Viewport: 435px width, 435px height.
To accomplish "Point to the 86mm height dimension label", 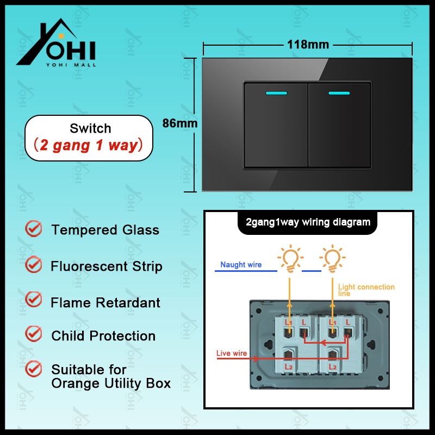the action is pyautogui.click(x=180, y=123).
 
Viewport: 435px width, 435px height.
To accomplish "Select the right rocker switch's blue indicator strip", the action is pyautogui.click(x=340, y=92).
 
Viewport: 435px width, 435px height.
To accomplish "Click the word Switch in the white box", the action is pyautogui.click(x=90, y=129).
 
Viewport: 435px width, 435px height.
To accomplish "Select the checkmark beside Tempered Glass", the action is pyautogui.click(x=34, y=229).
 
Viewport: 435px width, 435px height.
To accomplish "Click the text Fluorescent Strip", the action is pyautogui.click(x=107, y=266).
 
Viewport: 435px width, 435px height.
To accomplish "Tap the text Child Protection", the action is pyautogui.click(x=103, y=336).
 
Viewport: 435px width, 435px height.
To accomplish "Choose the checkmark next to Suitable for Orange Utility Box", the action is pyautogui.click(x=34, y=369).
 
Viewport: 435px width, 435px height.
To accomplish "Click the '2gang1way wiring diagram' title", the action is pyautogui.click(x=308, y=222).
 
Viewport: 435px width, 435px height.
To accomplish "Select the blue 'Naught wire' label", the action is pyautogui.click(x=240, y=265).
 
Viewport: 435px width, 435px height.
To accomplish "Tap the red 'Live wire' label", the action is pyautogui.click(x=232, y=353).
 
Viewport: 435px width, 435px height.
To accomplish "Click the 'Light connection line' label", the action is pyautogui.click(x=366, y=290).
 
